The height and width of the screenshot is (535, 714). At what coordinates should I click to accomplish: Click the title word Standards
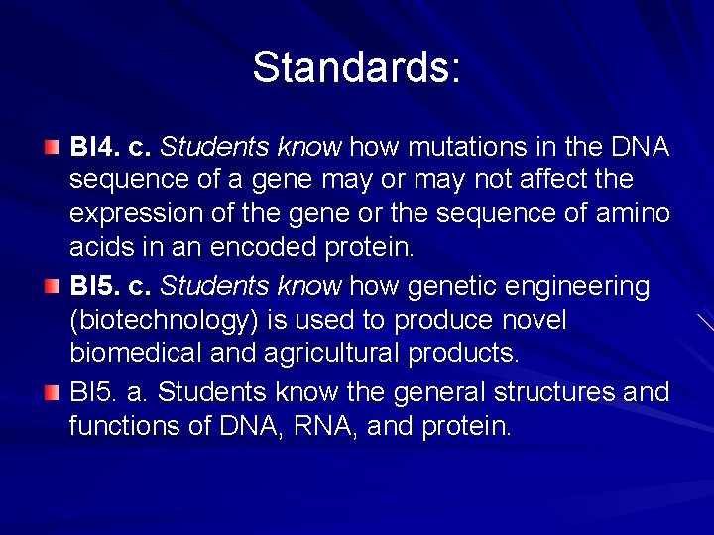coord(355,68)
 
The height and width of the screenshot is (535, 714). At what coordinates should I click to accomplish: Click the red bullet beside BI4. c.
coord(52,148)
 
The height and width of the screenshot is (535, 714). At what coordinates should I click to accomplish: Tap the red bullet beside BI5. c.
coord(52,287)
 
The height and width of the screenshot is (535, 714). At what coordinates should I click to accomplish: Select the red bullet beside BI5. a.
coord(52,392)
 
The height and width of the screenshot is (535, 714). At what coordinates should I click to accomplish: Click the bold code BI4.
coord(91,148)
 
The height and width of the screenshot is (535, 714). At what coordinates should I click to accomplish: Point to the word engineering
coord(581,287)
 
